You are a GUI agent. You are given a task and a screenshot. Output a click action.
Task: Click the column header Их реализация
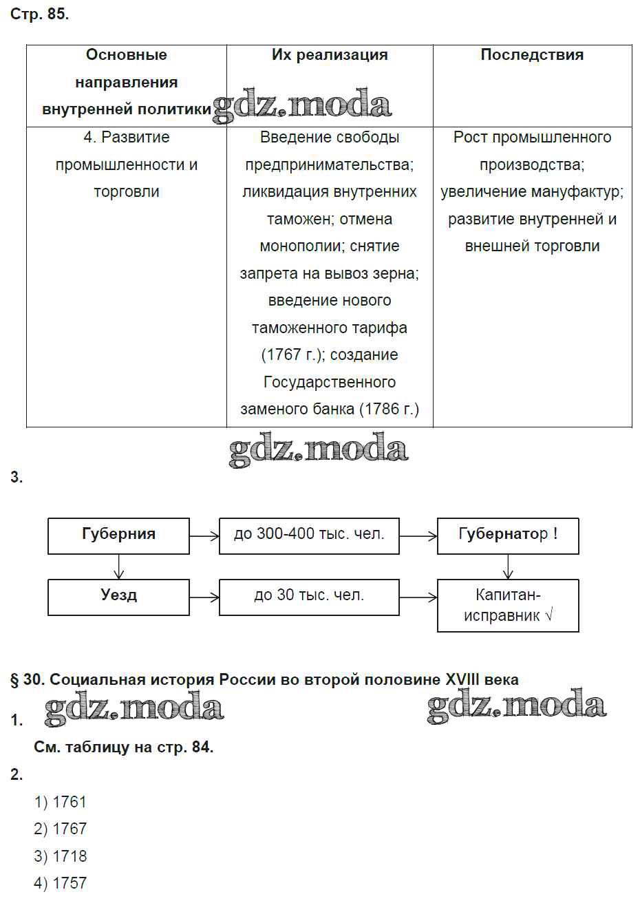pyautogui.click(x=330, y=55)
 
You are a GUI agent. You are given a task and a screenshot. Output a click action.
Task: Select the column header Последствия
pyautogui.click(x=532, y=55)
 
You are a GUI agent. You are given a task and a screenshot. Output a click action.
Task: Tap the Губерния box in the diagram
pyautogui.click(x=118, y=535)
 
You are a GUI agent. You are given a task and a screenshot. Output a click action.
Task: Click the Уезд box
pyautogui.click(x=118, y=596)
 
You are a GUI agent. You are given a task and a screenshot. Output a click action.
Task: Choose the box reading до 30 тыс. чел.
pyautogui.click(x=309, y=596)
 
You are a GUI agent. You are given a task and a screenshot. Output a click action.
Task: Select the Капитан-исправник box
pyautogui.click(x=508, y=605)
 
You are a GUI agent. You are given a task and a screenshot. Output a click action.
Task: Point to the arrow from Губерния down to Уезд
pyautogui.click(x=119, y=566)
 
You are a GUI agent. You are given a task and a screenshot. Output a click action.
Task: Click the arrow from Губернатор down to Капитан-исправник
pyautogui.click(x=508, y=566)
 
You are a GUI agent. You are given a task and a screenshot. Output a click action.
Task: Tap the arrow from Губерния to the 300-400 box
pyautogui.click(x=204, y=535)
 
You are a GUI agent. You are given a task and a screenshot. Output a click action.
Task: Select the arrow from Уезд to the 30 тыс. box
pyautogui.click(x=204, y=597)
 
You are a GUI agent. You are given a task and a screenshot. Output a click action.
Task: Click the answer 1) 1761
pyautogui.click(x=61, y=802)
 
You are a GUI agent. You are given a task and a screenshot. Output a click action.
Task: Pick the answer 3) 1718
pyautogui.click(x=61, y=856)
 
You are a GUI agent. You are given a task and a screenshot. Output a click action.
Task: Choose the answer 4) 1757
pyautogui.click(x=61, y=883)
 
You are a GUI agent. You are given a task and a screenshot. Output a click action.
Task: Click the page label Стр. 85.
pyautogui.click(x=39, y=14)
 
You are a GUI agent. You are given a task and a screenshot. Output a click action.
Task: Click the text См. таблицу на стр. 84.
pyautogui.click(x=124, y=747)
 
